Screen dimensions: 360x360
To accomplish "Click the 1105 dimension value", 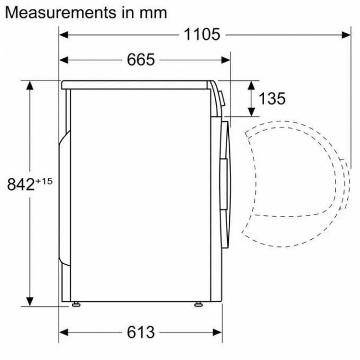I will click(x=202, y=35).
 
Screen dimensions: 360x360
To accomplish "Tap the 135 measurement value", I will click(x=272, y=99).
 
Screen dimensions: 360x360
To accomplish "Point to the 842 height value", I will click(x=21, y=184).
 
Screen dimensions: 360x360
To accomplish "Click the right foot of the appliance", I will click(x=197, y=304).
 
